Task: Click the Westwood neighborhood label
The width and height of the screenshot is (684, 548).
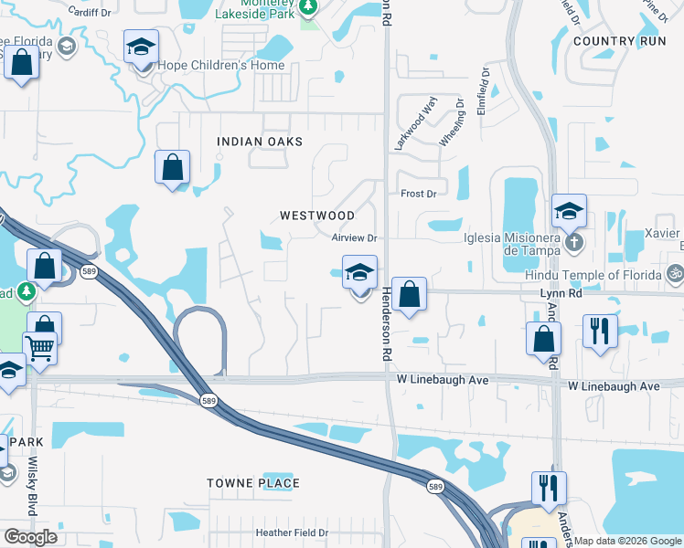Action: click(x=316, y=216)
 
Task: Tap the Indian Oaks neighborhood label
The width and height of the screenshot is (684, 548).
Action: click(x=260, y=142)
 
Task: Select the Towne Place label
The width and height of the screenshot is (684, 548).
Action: click(x=253, y=483)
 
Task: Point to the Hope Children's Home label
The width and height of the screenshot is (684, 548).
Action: click(x=220, y=66)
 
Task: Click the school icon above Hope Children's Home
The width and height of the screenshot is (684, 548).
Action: click(x=141, y=47)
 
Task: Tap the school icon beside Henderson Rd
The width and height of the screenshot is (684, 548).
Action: click(x=360, y=272)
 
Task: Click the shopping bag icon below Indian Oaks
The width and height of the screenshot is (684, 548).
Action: click(x=172, y=168)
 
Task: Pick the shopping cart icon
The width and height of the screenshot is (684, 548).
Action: click(x=39, y=348)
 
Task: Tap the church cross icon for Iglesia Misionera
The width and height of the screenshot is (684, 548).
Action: click(x=573, y=243)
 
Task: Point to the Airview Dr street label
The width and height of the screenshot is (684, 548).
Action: click(x=355, y=237)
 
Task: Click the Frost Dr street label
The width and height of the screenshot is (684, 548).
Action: click(x=419, y=194)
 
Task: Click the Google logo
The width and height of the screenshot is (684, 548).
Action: click(x=31, y=536)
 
